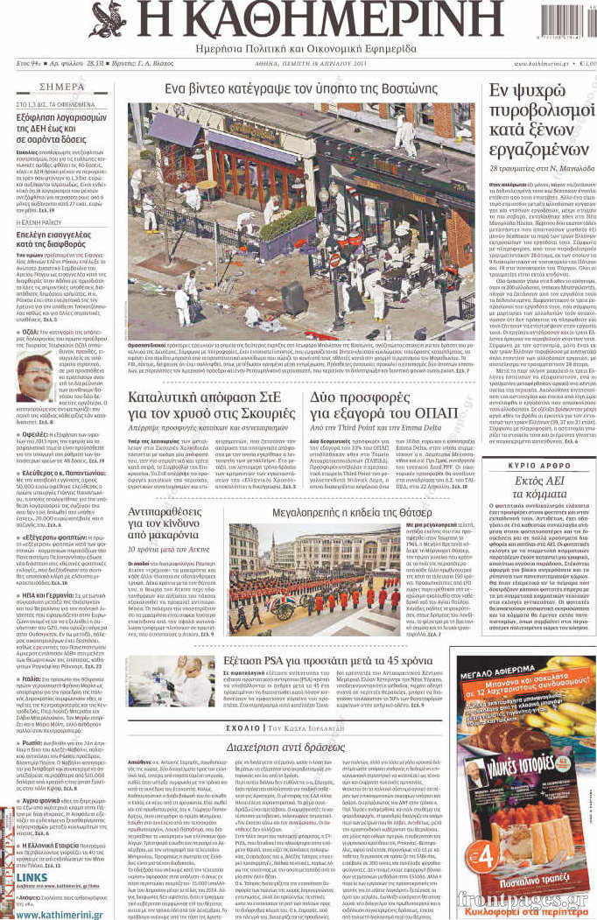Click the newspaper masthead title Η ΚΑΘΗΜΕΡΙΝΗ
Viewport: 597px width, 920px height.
coord(298,20)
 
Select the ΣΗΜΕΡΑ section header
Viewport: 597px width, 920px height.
coord(63,88)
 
